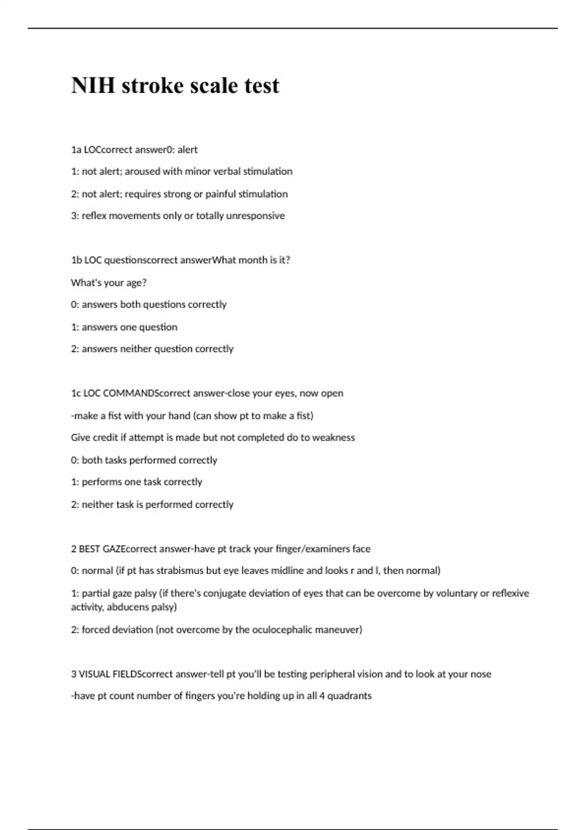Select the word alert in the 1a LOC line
pyautogui.click(x=188, y=150)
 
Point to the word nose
pyautogui.click(x=481, y=674)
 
